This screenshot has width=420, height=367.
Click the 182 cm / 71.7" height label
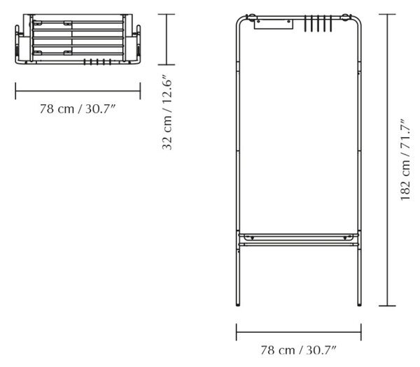pyautogui.click(x=405, y=159)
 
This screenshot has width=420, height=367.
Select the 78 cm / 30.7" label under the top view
pyautogui.click(x=78, y=109)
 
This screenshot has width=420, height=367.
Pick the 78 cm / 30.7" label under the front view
pyautogui.click(x=298, y=350)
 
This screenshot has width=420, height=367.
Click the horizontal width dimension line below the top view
pyautogui.click(x=78, y=91)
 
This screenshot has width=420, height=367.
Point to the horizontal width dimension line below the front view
pyautogui.click(x=299, y=332)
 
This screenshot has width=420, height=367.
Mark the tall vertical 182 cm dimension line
pyautogui.click(x=387, y=160)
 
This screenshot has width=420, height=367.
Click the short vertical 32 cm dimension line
pyautogui.click(x=167, y=39)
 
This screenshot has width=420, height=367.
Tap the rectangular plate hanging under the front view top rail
pyautogui.click(x=273, y=24)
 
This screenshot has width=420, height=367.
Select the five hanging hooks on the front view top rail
pyautogui.click(x=318, y=24)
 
